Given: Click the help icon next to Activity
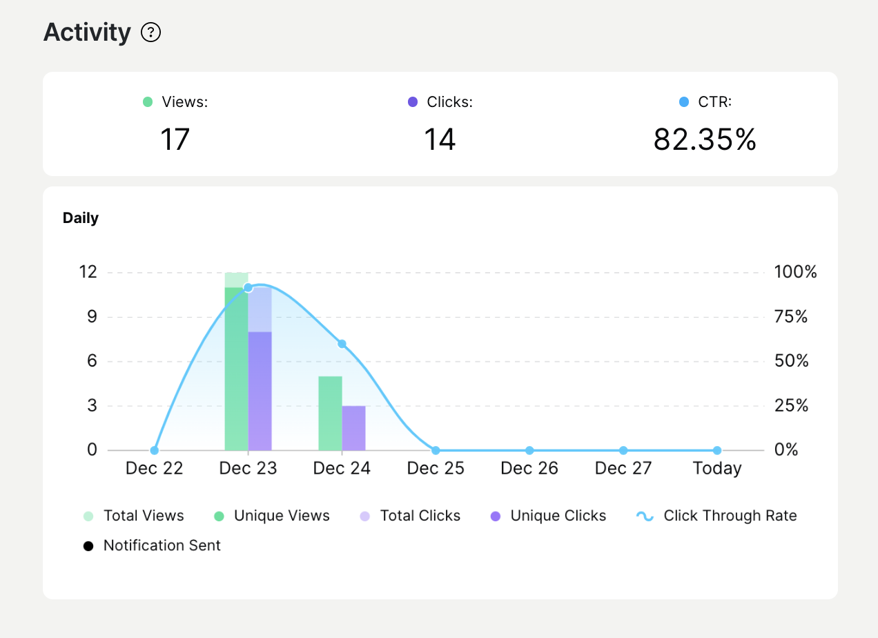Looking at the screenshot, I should pos(150,32).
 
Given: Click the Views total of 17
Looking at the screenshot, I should pos(175,139).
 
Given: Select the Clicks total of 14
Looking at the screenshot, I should pos(440,139).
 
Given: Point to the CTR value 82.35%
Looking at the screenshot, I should pos(705,139).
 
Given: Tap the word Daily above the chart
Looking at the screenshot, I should pos(81,218).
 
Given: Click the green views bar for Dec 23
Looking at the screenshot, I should pos(236,373).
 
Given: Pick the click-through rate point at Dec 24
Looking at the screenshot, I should pos(342,344).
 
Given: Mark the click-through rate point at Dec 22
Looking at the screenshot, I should pos(154,450).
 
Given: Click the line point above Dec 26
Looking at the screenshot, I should pos(529,450).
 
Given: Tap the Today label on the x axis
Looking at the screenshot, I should pos(717,469).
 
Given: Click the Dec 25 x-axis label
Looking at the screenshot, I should pos(436,469).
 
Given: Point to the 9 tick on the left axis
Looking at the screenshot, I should pos(92,317).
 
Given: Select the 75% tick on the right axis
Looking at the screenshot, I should pos(791,317).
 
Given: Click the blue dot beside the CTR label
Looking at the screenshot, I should pos(684,102).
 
